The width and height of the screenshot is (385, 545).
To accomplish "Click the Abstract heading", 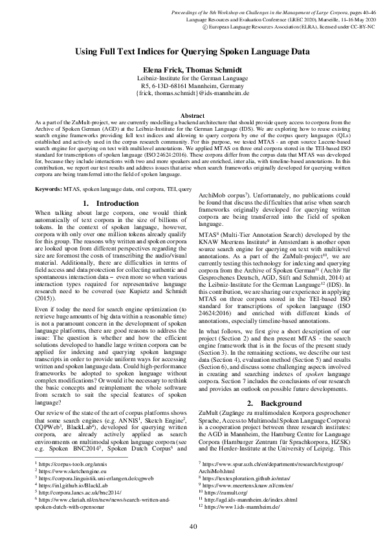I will click(x=192, y=112).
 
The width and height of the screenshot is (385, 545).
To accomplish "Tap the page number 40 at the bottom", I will click(x=192, y=526).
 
